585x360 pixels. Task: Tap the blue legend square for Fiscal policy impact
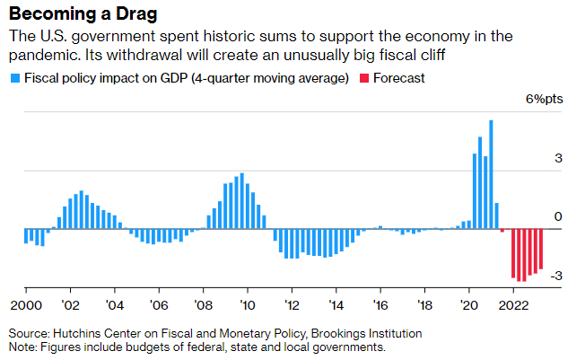13,78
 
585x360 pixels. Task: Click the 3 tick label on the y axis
557,158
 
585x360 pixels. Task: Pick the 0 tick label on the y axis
557,216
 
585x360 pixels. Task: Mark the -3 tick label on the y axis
554,276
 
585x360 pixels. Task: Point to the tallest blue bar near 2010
242,201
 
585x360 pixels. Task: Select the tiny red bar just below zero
502,231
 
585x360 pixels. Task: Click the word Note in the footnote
23,347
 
